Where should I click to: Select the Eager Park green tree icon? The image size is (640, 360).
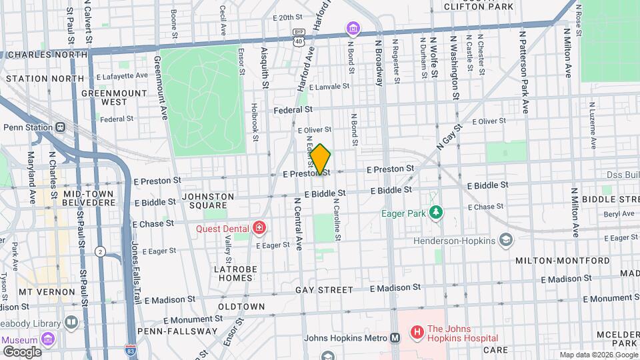pyautogui.click(x=436, y=213)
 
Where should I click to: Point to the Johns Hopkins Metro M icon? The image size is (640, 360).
pyautogui.click(x=395, y=338)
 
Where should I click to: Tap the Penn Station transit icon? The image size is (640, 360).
pyautogui.click(x=61, y=127)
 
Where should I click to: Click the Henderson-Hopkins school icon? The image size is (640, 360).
pyautogui.click(x=506, y=240)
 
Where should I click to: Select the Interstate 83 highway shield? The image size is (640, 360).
pyautogui.click(x=131, y=348)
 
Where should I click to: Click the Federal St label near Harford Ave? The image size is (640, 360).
pyautogui.click(x=293, y=109)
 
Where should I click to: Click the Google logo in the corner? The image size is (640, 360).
pyautogui.click(x=21, y=351)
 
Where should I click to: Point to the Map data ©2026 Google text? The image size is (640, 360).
pyautogui.click(x=597, y=355)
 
